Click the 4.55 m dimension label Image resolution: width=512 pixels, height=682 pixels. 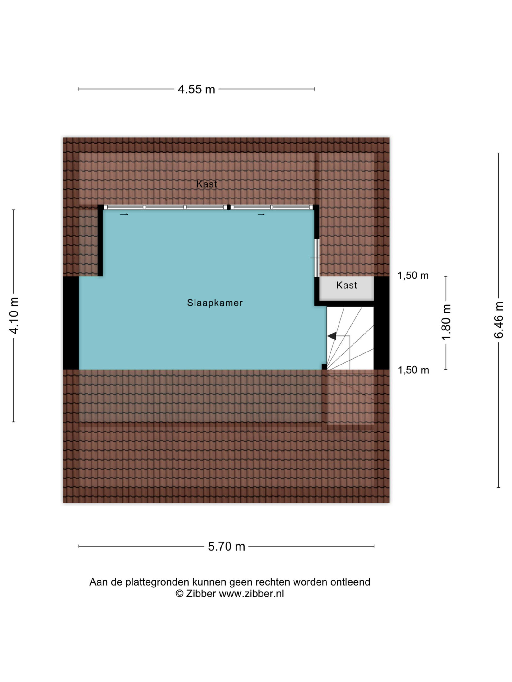pos(196,89)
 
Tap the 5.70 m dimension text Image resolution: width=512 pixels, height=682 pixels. pos(227,546)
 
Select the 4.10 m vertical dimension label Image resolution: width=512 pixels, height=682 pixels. pos(15,316)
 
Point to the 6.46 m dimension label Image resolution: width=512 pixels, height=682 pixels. pos(499,320)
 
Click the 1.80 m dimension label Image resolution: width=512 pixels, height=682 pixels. pos(446,322)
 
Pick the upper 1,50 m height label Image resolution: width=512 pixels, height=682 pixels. pos(413,275)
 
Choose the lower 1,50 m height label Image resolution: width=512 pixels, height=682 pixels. pos(413,370)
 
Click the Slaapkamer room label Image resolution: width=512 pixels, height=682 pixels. pos(215,303)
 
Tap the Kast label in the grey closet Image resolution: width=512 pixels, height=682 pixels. pos(347,285)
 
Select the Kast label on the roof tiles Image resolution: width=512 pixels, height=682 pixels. pos(207,184)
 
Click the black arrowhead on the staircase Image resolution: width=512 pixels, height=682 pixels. pos(332,336)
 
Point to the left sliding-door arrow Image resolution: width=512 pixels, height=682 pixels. pos(124,214)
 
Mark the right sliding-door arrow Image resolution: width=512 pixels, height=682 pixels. pos(261,214)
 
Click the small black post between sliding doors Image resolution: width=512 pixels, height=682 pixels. pos(229,207)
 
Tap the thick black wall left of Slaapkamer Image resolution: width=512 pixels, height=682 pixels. pos(71,323)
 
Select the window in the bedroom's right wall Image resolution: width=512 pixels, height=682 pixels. pos(317,258)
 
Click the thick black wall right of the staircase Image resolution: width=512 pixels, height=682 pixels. pos(381,323)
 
